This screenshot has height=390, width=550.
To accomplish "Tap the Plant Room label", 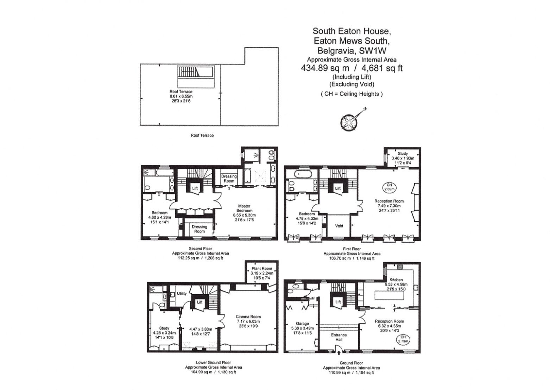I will pos(262,269).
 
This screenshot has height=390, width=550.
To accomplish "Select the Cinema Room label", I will pos(248,317).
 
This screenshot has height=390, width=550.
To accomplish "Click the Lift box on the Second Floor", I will pos(195,188).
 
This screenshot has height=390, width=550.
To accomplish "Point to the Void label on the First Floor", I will pos(339,226).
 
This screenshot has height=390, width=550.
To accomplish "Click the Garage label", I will pos(302,323).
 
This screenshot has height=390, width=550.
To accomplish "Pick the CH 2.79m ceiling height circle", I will pos(403,339).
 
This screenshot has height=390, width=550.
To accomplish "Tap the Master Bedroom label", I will pos(244,208).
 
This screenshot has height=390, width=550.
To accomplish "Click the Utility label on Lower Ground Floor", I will pos(182,294).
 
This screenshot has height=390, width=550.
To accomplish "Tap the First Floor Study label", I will pos(403,154).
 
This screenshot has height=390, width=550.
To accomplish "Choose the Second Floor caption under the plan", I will pos(200,249).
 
